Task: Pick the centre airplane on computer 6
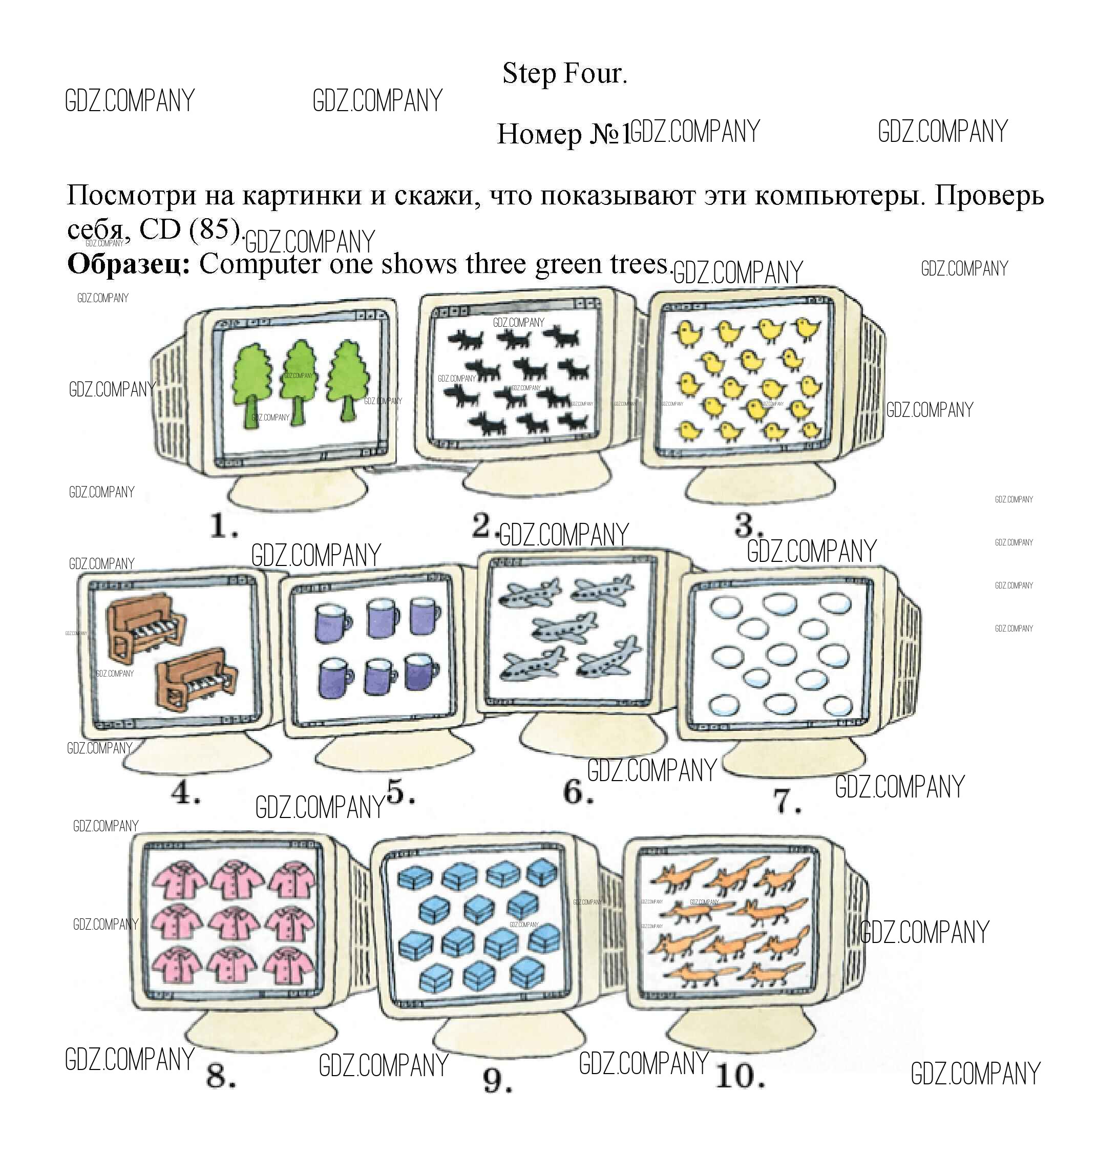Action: point(564,627)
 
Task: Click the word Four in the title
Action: point(596,74)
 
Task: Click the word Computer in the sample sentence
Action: point(260,264)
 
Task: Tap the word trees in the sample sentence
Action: point(641,264)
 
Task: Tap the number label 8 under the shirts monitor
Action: point(221,1076)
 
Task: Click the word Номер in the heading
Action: point(539,134)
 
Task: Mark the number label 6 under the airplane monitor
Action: point(578,791)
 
